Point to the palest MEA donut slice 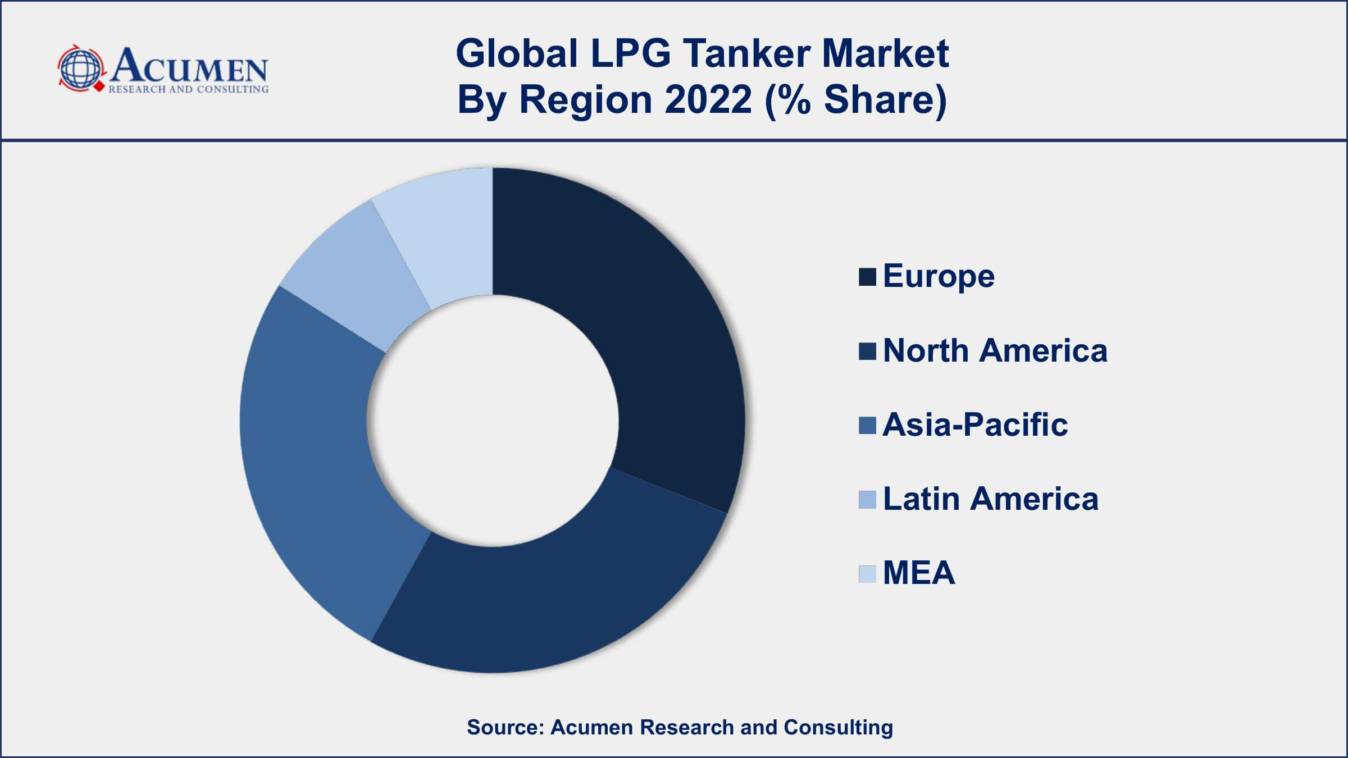pyautogui.click(x=444, y=236)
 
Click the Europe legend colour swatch pyautogui.click(x=867, y=277)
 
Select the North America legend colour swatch pyautogui.click(x=867, y=351)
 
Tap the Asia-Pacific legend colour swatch pyautogui.click(x=867, y=426)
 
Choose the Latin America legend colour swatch pyautogui.click(x=867, y=500)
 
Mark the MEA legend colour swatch pyautogui.click(x=867, y=574)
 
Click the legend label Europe pyautogui.click(x=939, y=276)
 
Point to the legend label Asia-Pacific pyautogui.click(x=975, y=424)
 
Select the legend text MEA pyautogui.click(x=919, y=573)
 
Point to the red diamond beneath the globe pyautogui.click(x=99, y=88)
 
